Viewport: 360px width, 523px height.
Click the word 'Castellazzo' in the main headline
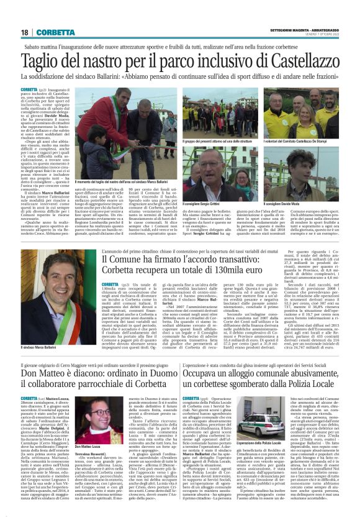point(292,63)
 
